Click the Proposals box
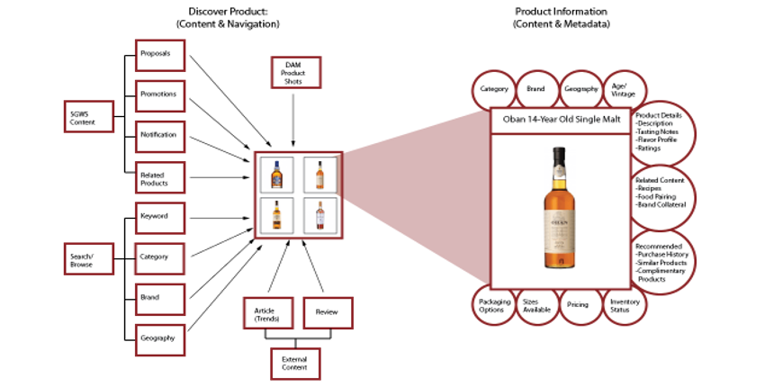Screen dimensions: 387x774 (160, 54)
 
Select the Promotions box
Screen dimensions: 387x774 (160, 94)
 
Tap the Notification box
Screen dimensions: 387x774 (160, 135)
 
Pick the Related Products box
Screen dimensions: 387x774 (160, 176)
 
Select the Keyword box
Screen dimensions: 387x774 (160, 217)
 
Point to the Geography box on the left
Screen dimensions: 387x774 (160, 338)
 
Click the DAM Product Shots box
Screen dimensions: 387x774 (294, 73)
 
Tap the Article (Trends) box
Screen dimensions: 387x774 (266, 313)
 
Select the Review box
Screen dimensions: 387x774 (327, 313)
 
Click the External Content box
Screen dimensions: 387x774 (294, 363)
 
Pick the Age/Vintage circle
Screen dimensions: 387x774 (621, 89)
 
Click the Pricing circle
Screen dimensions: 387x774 (578, 304)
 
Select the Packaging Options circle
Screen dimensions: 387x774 (492, 304)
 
